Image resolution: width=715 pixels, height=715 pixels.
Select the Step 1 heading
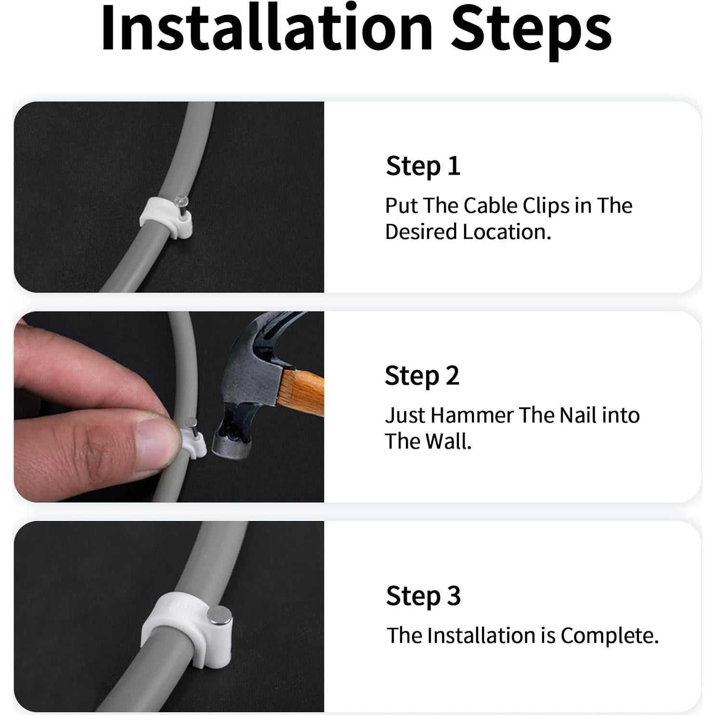[423, 166]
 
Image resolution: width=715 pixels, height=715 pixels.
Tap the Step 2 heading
[422, 376]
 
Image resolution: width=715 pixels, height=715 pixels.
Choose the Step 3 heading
[423, 596]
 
